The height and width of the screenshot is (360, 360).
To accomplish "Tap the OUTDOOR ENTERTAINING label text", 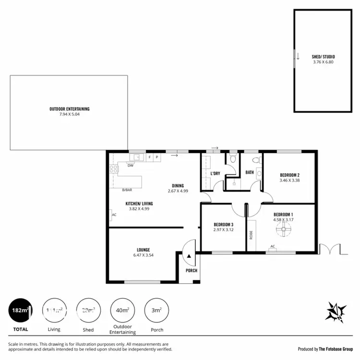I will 69,109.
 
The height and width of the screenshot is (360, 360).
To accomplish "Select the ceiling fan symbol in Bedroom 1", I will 283,232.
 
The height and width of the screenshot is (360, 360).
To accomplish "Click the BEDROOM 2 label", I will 289,175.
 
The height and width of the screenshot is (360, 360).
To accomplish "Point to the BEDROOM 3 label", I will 223,225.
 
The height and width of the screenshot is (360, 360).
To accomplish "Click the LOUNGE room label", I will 143,250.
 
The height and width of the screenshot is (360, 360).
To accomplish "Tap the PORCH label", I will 192,271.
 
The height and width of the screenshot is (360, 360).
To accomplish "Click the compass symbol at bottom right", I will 336,312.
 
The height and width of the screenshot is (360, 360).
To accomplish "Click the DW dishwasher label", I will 130,166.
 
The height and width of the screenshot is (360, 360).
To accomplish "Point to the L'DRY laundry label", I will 215,173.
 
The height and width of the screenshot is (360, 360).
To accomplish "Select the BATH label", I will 250,172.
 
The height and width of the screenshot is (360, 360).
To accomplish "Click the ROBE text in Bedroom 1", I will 251,235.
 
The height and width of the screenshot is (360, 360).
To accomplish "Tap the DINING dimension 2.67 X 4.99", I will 178,191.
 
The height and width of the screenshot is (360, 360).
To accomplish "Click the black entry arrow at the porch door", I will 190,257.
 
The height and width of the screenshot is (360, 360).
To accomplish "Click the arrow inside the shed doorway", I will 298,57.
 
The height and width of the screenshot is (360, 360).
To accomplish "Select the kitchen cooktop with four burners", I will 114,168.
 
